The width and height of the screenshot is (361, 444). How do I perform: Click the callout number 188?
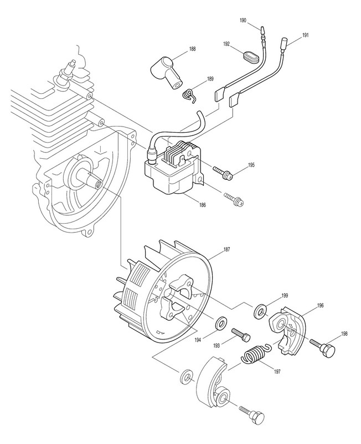pyautogui.click(x=192, y=49)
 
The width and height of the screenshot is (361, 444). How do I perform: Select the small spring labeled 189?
pyautogui.click(x=188, y=94)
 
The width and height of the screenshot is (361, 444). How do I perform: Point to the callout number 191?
pyautogui.click(x=306, y=36)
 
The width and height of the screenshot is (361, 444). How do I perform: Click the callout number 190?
pyautogui.click(x=243, y=21)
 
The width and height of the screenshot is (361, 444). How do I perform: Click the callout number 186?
pyautogui.click(x=202, y=205)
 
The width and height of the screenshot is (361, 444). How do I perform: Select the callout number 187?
pyautogui.click(x=226, y=249)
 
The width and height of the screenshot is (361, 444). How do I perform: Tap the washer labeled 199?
pyautogui.click(x=260, y=311)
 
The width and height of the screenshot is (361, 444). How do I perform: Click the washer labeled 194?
pyautogui.click(x=220, y=322)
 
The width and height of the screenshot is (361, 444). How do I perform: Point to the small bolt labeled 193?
pyautogui.click(x=241, y=335)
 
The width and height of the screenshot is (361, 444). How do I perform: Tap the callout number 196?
pyautogui.click(x=320, y=306)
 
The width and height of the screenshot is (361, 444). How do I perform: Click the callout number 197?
pyautogui.click(x=277, y=372)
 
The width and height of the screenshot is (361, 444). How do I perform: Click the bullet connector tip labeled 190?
pyautogui.click(x=262, y=29)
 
